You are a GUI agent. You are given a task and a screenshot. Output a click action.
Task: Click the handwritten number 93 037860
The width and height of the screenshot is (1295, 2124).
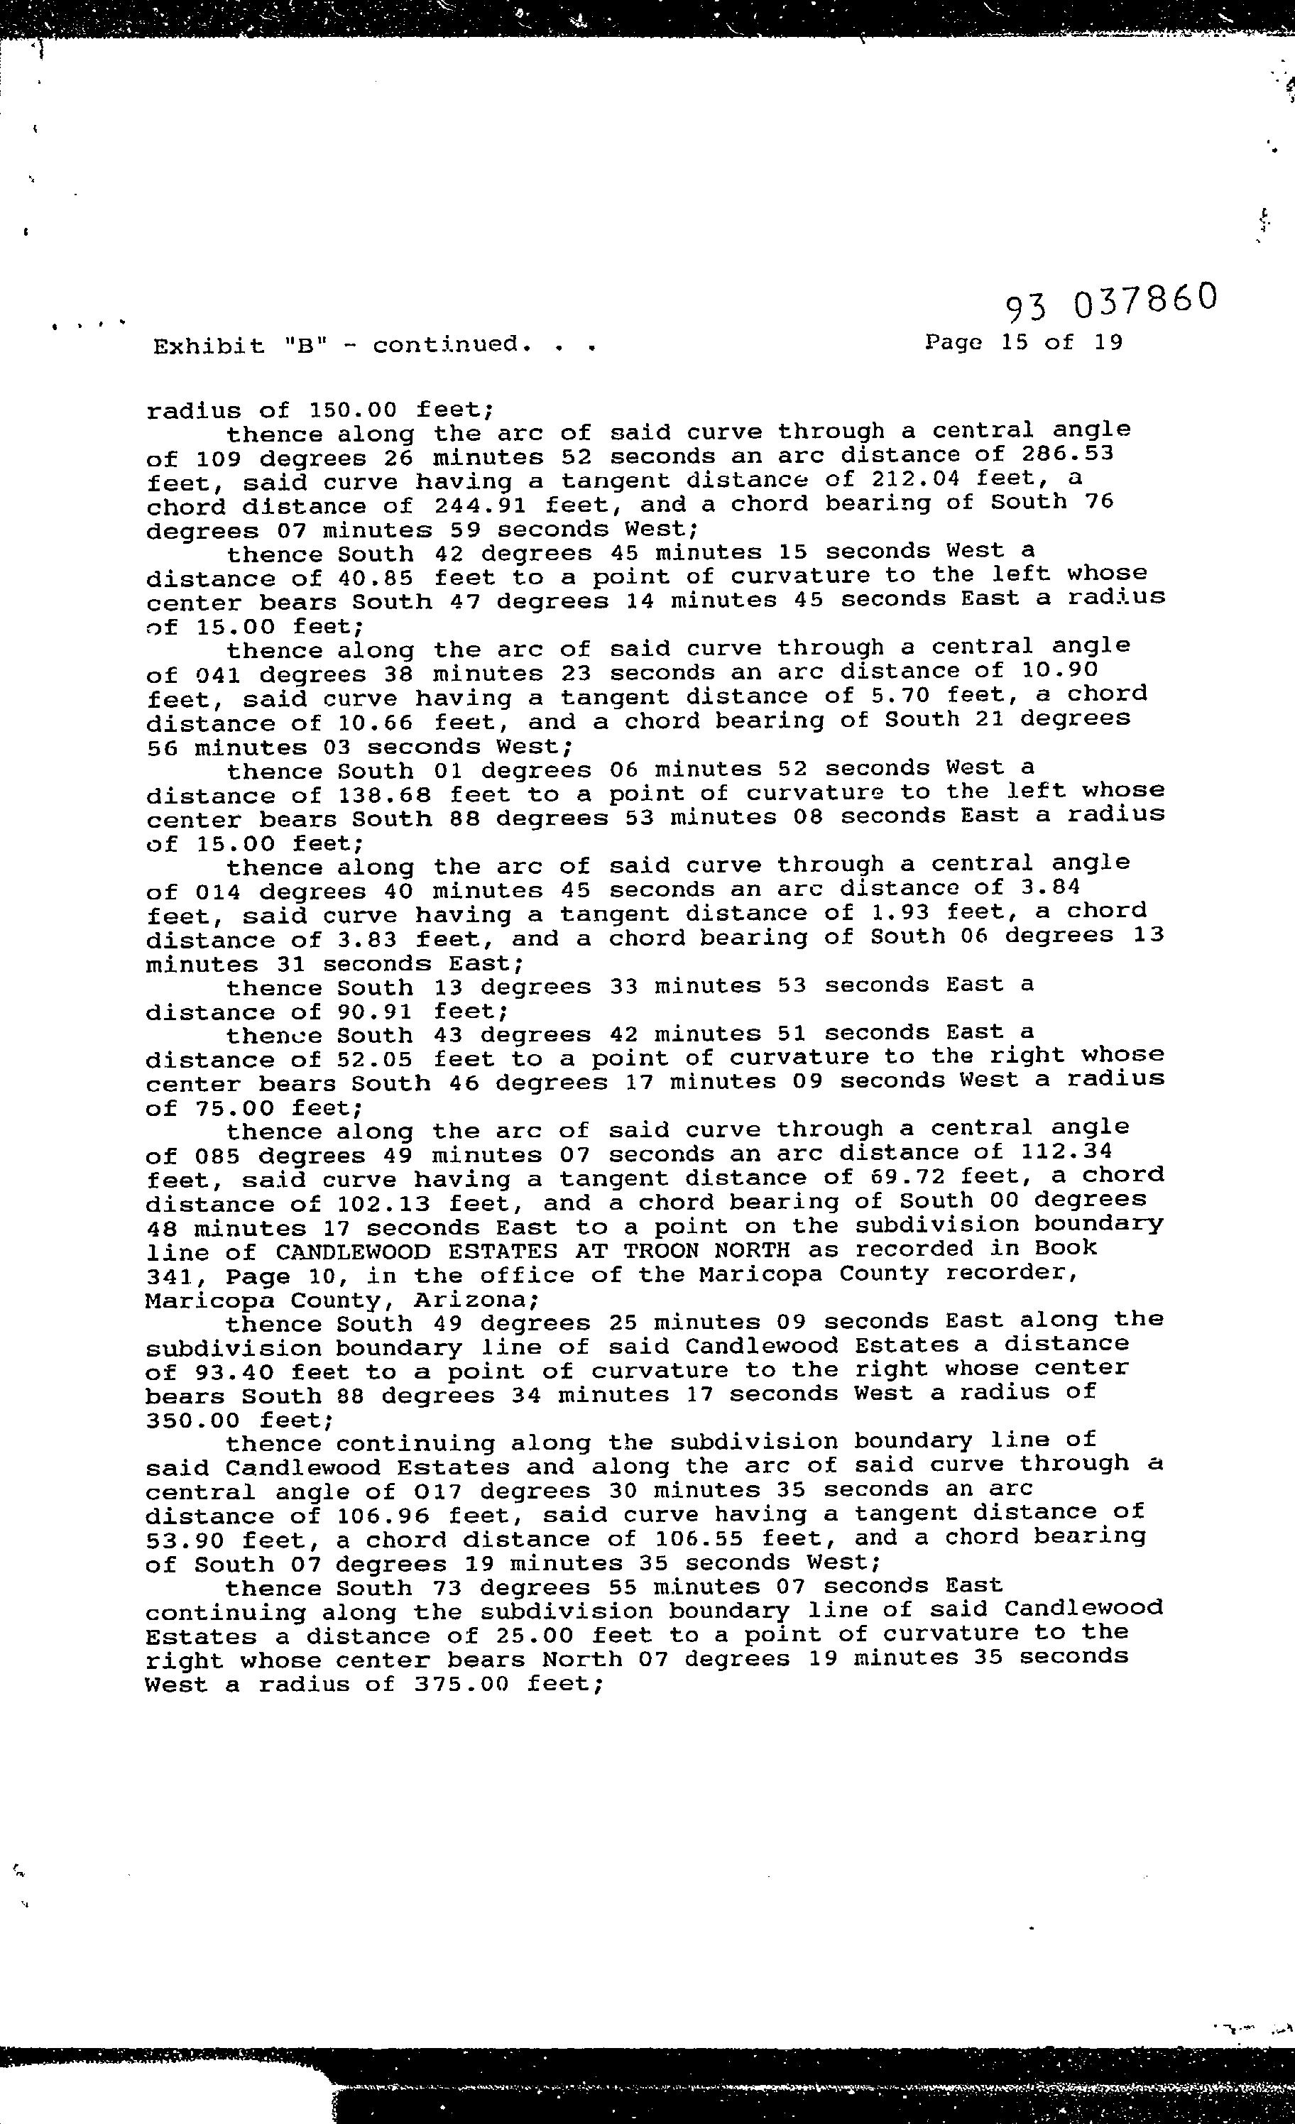(x=1110, y=301)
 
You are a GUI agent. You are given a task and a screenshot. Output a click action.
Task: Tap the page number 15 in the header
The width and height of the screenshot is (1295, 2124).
(x=1014, y=342)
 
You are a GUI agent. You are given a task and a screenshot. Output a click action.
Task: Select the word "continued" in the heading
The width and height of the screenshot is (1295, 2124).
(x=447, y=345)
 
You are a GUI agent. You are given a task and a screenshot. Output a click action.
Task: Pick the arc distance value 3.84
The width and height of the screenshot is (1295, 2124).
(x=1047, y=888)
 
